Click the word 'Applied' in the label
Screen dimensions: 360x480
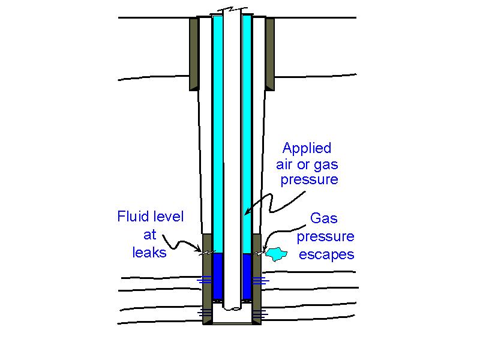coord(307,148)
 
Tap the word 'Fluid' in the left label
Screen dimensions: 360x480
coord(131,217)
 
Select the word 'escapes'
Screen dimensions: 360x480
coord(326,254)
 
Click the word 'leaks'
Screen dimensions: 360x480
coord(149,252)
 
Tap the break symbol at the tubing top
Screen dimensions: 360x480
coord(232,11)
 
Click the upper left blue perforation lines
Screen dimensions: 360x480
coord(205,280)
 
